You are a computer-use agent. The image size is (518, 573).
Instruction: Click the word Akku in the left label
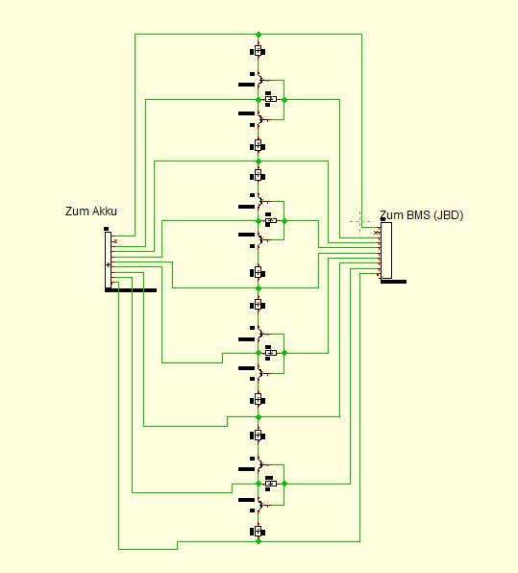104,212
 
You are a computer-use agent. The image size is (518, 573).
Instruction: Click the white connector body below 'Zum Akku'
109,260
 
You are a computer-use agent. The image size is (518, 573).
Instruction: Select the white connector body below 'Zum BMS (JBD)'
386,250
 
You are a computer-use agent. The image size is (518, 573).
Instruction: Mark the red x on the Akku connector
115,241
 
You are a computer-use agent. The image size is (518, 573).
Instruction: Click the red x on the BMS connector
377,233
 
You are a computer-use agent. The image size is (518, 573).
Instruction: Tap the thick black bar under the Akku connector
131,290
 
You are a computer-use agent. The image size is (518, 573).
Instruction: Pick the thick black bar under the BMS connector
393,282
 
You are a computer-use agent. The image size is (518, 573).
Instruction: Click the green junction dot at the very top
259,35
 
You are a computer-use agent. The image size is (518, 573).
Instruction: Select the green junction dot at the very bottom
259,541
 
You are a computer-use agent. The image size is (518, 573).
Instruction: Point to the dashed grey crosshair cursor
359,221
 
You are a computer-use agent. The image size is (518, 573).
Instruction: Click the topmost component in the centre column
258,51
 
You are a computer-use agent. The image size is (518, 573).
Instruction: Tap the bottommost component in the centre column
258,531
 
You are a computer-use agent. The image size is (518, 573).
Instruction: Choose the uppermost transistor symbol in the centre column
260,79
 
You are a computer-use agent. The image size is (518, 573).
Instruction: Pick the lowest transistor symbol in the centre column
260,505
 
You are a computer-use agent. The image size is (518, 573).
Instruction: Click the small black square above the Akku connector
107,229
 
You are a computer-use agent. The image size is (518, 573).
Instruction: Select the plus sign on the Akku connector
108,264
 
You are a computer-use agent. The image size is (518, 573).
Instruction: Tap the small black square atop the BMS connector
382,219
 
